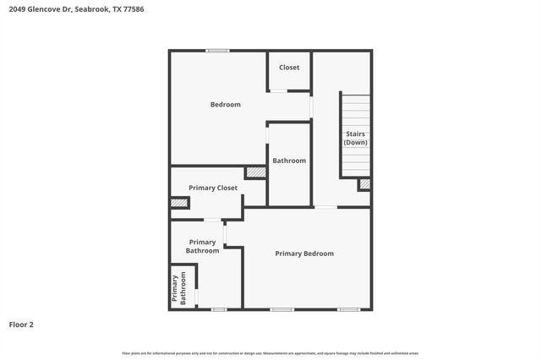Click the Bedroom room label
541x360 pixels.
coord(226,105)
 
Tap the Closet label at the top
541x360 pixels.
coord(289,68)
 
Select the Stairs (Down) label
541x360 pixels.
coord(355,139)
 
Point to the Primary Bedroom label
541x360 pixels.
coord(304,254)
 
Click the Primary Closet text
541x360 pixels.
coord(213,188)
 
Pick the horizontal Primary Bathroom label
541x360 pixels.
coord(203,246)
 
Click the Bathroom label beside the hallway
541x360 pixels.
coord(289,161)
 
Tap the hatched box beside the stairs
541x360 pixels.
coord(364,183)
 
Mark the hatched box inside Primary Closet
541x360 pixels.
coord(178,203)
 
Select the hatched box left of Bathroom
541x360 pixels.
coord(255,172)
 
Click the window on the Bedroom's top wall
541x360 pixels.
coord(218,51)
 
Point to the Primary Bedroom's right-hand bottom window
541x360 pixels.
coord(348,309)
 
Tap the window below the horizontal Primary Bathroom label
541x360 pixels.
coord(219,309)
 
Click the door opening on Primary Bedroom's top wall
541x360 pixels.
coord(325,207)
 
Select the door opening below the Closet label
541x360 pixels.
coord(278,90)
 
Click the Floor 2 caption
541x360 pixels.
coord(21,324)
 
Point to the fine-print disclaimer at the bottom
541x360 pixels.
coord(270,353)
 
